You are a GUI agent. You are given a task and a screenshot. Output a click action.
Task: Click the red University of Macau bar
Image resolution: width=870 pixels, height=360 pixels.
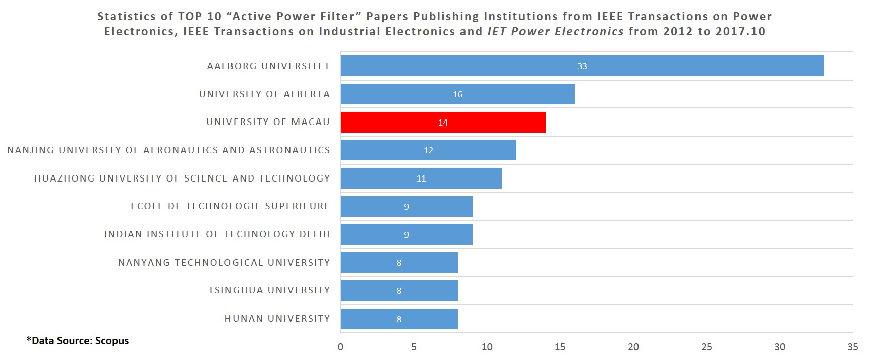pyautogui.click(x=443, y=123)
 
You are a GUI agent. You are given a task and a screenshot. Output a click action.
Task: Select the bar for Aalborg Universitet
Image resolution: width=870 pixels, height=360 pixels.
pyautogui.click(x=582, y=66)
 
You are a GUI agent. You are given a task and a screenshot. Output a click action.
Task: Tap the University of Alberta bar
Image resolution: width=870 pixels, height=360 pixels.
pyautogui.click(x=457, y=94)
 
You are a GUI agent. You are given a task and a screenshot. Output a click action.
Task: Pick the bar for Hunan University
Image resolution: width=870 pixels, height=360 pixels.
pyautogui.click(x=399, y=319)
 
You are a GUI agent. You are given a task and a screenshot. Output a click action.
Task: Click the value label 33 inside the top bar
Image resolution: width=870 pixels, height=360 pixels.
pyautogui.click(x=582, y=66)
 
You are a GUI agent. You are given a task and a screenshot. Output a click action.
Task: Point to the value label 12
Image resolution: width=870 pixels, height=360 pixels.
pyautogui.click(x=428, y=150)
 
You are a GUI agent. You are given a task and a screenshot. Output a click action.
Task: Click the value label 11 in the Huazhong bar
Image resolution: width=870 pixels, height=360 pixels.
pyautogui.click(x=421, y=178)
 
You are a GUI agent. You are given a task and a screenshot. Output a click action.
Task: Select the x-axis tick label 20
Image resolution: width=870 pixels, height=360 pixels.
pyautogui.click(x=633, y=347)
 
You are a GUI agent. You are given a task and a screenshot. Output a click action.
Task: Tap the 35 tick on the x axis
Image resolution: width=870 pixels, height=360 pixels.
pyautogui.click(x=852, y=347)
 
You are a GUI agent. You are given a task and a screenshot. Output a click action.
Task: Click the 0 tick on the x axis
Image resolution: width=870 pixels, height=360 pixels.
pyautogui.click(x=340, y=347)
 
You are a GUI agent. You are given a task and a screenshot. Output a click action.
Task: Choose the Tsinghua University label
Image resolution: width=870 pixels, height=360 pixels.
pyautogui.click(x=269, y=290)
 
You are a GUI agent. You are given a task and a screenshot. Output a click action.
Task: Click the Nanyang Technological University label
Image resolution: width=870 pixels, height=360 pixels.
pyautogui.click(x=224, y=263)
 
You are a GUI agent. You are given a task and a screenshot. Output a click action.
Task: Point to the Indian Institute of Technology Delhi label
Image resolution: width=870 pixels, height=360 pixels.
pyautogui.click(x=217, y=234)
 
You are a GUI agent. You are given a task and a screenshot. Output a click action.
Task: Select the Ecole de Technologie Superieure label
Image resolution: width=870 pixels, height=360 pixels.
pyautogui.click(x=230, y=206)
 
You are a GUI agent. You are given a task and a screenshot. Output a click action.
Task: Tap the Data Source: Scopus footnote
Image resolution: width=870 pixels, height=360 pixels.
pyautogui.click(x=78, y=341)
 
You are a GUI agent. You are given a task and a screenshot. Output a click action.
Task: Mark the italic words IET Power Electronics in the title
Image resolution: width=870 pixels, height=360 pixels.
pyautogui.click(x=555, y=31)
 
